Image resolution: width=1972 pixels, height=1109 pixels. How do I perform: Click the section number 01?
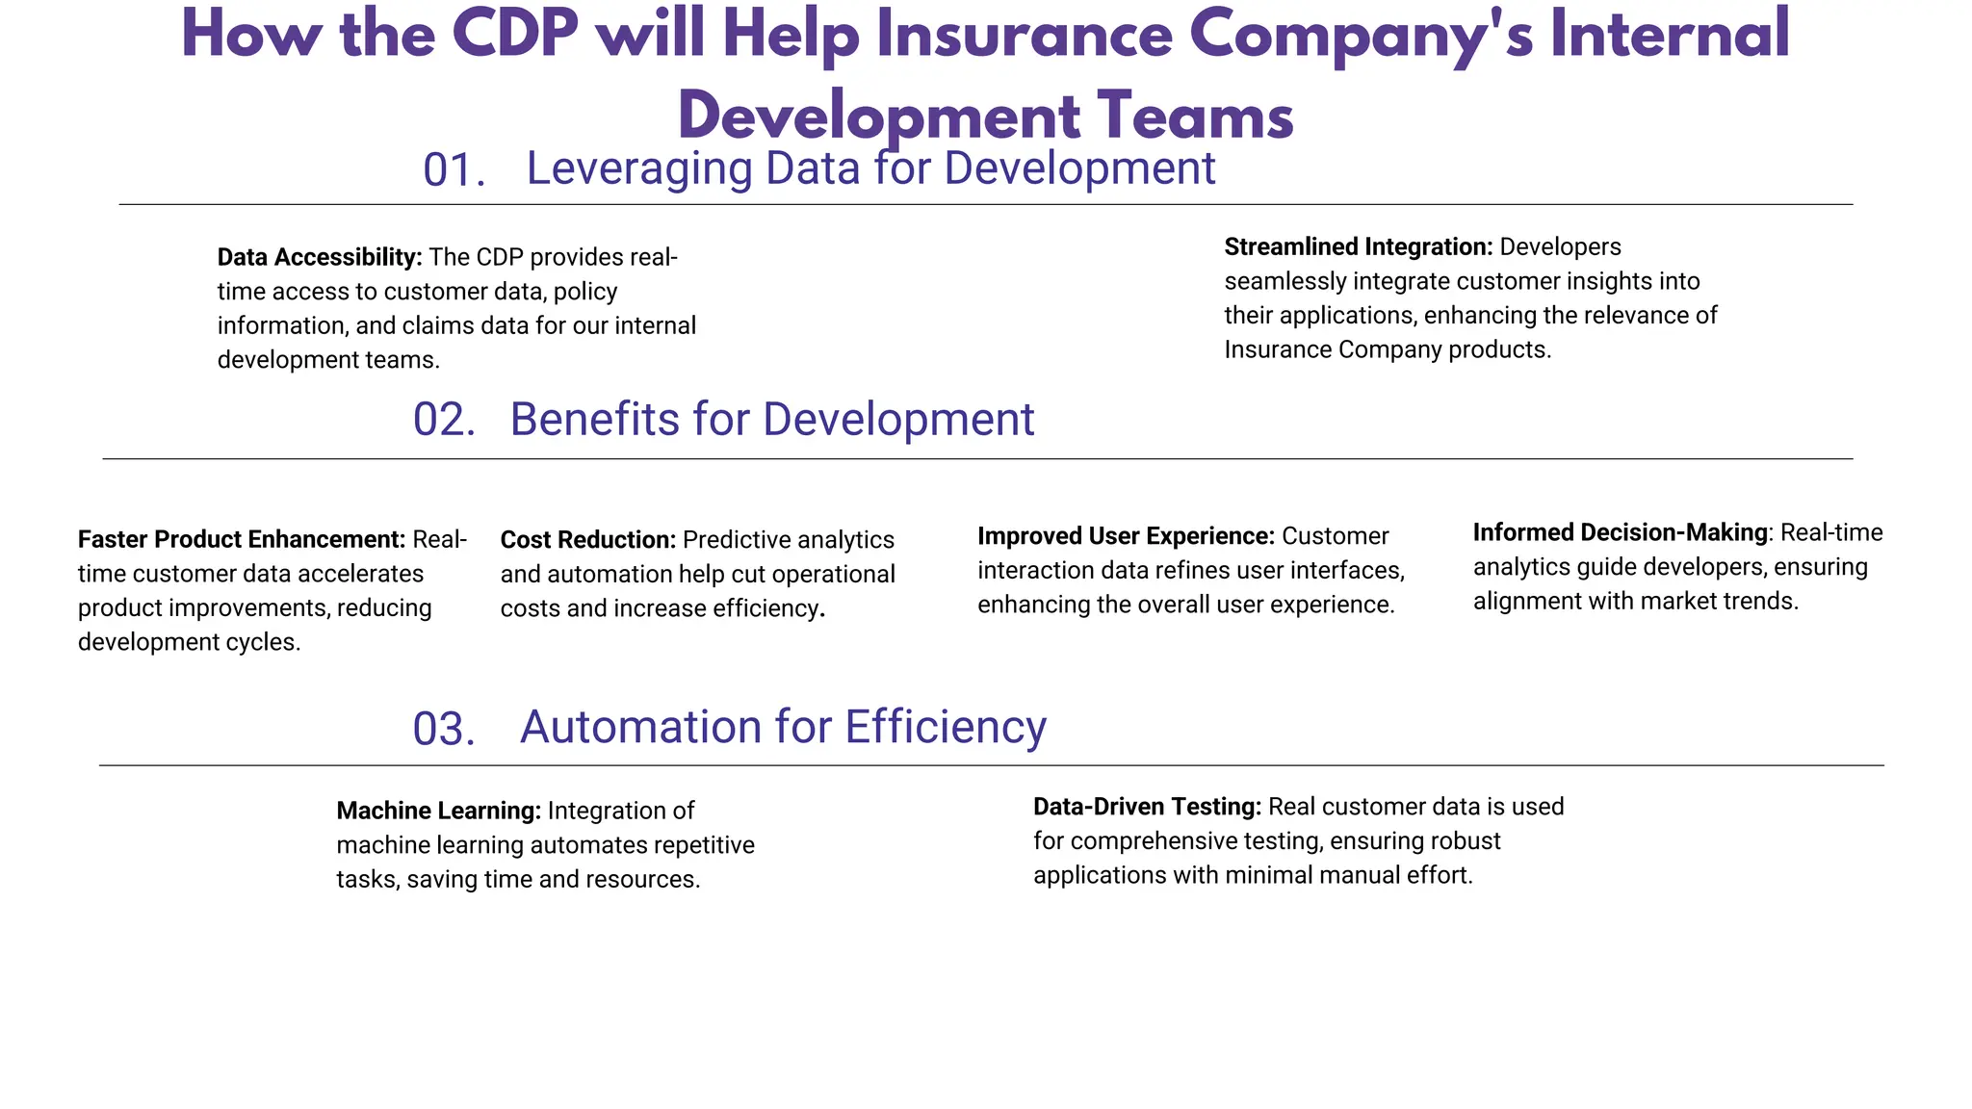point(454,170)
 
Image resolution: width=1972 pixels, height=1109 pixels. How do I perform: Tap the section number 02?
point(444,421)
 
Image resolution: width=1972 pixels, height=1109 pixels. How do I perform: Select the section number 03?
point(444,729)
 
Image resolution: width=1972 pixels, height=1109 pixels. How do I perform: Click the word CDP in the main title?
point(514,35)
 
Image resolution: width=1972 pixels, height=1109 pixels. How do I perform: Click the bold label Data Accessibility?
point(320,257)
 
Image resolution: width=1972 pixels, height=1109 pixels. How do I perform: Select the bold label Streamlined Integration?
point(1359,247)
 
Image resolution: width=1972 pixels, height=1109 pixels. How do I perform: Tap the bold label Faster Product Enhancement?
point(242,539)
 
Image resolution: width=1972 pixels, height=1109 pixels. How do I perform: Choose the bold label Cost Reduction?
point(588,540)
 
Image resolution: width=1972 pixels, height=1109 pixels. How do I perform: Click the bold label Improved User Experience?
point(1126,536)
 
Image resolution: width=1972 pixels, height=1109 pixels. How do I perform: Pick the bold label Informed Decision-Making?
point(1621,532)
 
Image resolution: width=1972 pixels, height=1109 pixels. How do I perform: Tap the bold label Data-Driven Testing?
point(1147,807)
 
